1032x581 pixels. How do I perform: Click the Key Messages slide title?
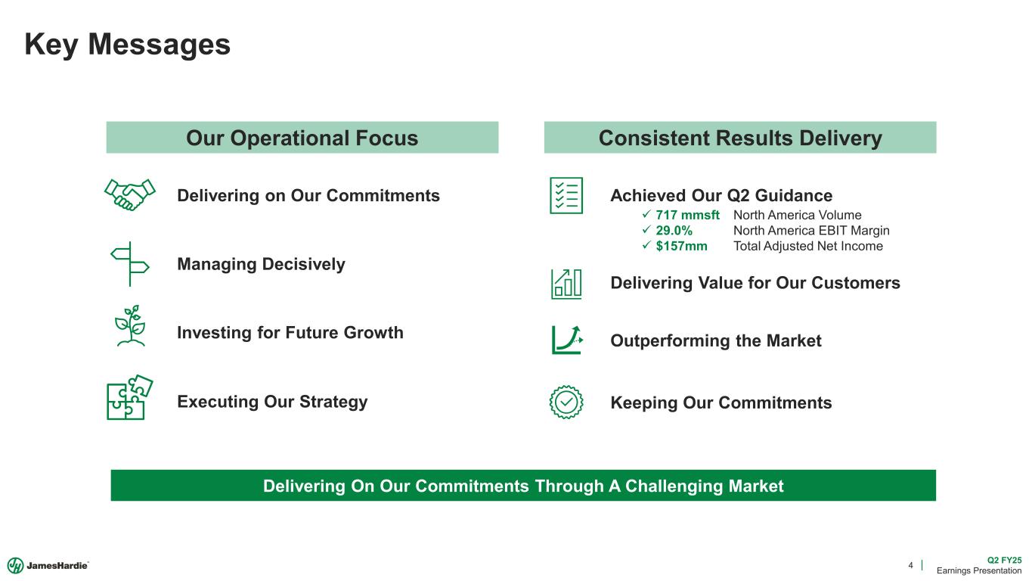(x=128, y=45)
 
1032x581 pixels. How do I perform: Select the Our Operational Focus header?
(x=302, y=138)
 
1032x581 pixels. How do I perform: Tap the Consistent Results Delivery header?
(x=739, y=138)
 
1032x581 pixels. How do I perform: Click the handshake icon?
(x=130, y=195)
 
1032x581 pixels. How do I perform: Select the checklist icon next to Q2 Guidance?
(x=566, y=195)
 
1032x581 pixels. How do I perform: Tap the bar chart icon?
(x=567, y=283)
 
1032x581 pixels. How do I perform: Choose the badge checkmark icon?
(x=566, y=402)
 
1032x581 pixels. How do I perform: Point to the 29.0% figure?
(x=674, y=231)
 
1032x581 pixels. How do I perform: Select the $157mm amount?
(x=681, y=247)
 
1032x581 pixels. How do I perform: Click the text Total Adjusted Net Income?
(x=807, y=247)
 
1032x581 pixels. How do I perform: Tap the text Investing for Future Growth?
(x=290, y=333)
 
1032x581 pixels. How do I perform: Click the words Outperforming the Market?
(x=715, y=341)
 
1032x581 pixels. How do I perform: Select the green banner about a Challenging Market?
(x=523, y=486)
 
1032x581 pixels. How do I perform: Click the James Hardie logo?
(x=49, y=565)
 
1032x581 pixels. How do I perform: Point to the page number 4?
(x=910, y=565)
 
